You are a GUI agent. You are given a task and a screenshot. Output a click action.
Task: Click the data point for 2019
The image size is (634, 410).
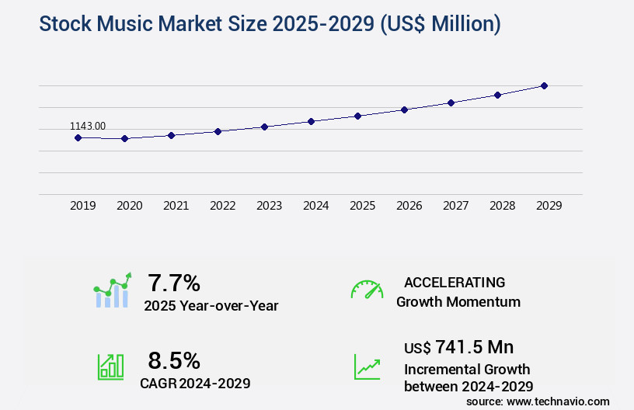[x=78, y=137]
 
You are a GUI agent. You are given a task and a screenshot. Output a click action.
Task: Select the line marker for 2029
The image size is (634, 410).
[x=544, y=85]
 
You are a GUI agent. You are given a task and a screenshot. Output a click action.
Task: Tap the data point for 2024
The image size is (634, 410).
[x=311, y=121]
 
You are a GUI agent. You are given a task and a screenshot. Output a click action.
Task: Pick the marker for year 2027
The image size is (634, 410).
[x=451, y=102]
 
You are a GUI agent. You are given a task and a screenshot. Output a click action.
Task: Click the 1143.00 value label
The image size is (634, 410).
[x=88, y=126]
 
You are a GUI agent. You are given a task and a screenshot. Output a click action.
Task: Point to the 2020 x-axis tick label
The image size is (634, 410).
[x=130, y=206]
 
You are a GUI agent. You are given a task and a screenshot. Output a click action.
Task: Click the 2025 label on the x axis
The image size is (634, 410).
[x=363, y=206]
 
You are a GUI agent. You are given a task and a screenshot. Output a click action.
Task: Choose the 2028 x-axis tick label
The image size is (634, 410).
[x=503, y=206]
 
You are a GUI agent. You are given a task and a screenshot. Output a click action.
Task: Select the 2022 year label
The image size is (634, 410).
[x=223, y=206]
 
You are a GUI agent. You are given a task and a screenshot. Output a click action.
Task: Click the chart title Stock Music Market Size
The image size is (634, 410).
[x=270, y=24]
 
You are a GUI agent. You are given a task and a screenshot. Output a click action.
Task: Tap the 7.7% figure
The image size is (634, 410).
[x=174, y=282]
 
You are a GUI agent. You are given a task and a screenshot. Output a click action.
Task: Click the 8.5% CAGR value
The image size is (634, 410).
[x=174, y=360]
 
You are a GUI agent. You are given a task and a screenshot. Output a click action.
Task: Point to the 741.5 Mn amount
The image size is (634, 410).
[x=474, y=346]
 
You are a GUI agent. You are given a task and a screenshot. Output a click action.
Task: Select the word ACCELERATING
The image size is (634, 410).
[x=455, y=282]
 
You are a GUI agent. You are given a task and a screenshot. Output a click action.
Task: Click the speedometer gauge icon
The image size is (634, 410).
[x=367, y=290]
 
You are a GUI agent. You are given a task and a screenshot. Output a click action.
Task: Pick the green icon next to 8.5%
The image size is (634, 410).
[x=110, y=367]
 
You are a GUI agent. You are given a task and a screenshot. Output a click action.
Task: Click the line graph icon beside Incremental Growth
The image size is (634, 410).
[x=367, y=367]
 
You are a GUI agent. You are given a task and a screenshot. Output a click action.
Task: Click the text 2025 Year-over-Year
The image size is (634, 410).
[x=211, y=306]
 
